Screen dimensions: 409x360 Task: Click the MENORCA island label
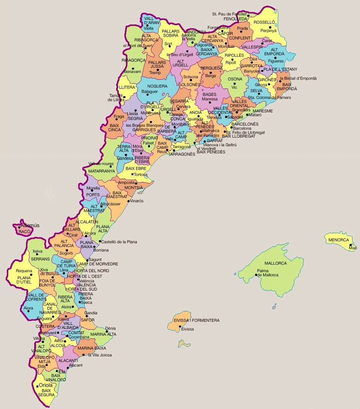[339, 240]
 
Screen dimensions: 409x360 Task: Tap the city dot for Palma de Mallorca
[256, 275]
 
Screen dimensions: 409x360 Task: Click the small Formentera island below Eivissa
[184, 344]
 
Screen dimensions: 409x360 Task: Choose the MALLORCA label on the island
[275, 263]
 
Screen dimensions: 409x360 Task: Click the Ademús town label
[30, 226]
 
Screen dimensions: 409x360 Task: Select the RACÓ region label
[24, 232]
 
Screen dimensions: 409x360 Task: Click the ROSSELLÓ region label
[264, 22]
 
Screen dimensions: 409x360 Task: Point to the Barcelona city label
[242, 128]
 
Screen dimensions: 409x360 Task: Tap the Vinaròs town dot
[128, 201]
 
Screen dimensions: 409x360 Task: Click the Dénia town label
[110, 328]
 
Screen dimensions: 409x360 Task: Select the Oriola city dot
[37, 386]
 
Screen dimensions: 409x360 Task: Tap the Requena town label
[24, 271]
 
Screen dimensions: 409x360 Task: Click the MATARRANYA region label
[101, 171]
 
